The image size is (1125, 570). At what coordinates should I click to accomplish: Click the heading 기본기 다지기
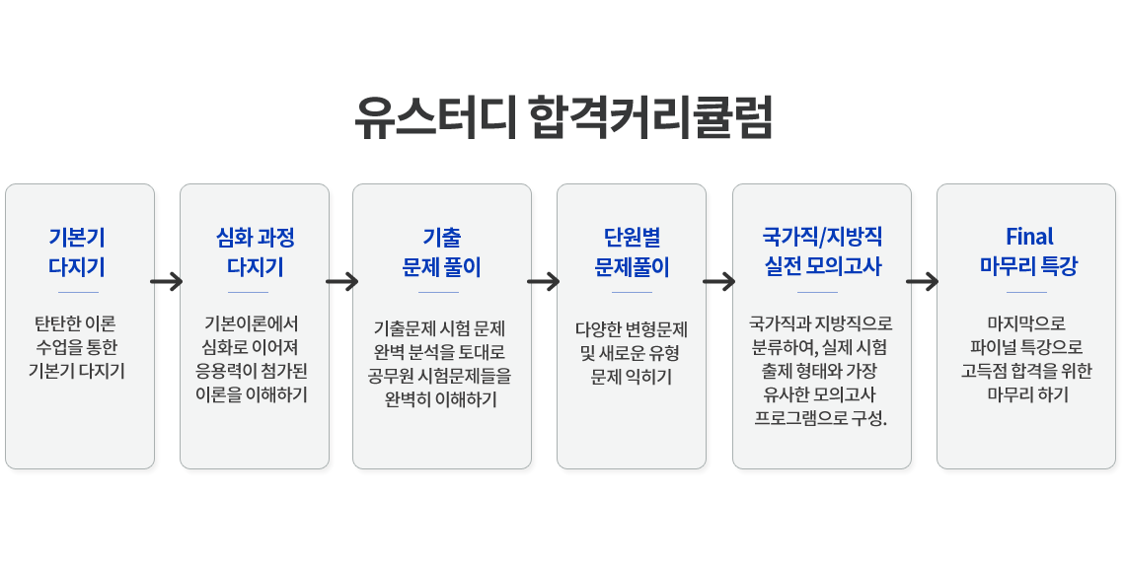(77, 251)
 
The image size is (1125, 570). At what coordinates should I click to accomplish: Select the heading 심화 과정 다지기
(255, 251)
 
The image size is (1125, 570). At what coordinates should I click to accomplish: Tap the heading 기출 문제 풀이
(441, 251)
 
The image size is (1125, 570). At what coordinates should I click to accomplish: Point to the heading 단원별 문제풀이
(632, 251)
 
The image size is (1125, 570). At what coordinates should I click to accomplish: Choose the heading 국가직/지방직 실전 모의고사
(822, 251)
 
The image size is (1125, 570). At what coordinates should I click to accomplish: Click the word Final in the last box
(1029, 237)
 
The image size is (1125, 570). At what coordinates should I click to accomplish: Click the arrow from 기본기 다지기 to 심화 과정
(167, 282)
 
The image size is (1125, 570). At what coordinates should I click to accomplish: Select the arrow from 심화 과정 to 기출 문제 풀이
(341, 282)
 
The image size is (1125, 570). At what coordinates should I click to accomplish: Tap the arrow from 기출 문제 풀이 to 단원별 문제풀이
(544, 282)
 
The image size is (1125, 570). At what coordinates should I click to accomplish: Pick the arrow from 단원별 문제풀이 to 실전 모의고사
(719, 282)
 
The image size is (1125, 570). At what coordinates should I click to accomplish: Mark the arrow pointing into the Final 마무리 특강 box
(923, 282)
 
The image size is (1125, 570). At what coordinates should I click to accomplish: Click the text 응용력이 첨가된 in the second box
(255, 372)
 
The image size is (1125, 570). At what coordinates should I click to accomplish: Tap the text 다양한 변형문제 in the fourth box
(632, 329)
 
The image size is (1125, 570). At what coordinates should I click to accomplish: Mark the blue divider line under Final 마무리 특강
(1026, 292)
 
